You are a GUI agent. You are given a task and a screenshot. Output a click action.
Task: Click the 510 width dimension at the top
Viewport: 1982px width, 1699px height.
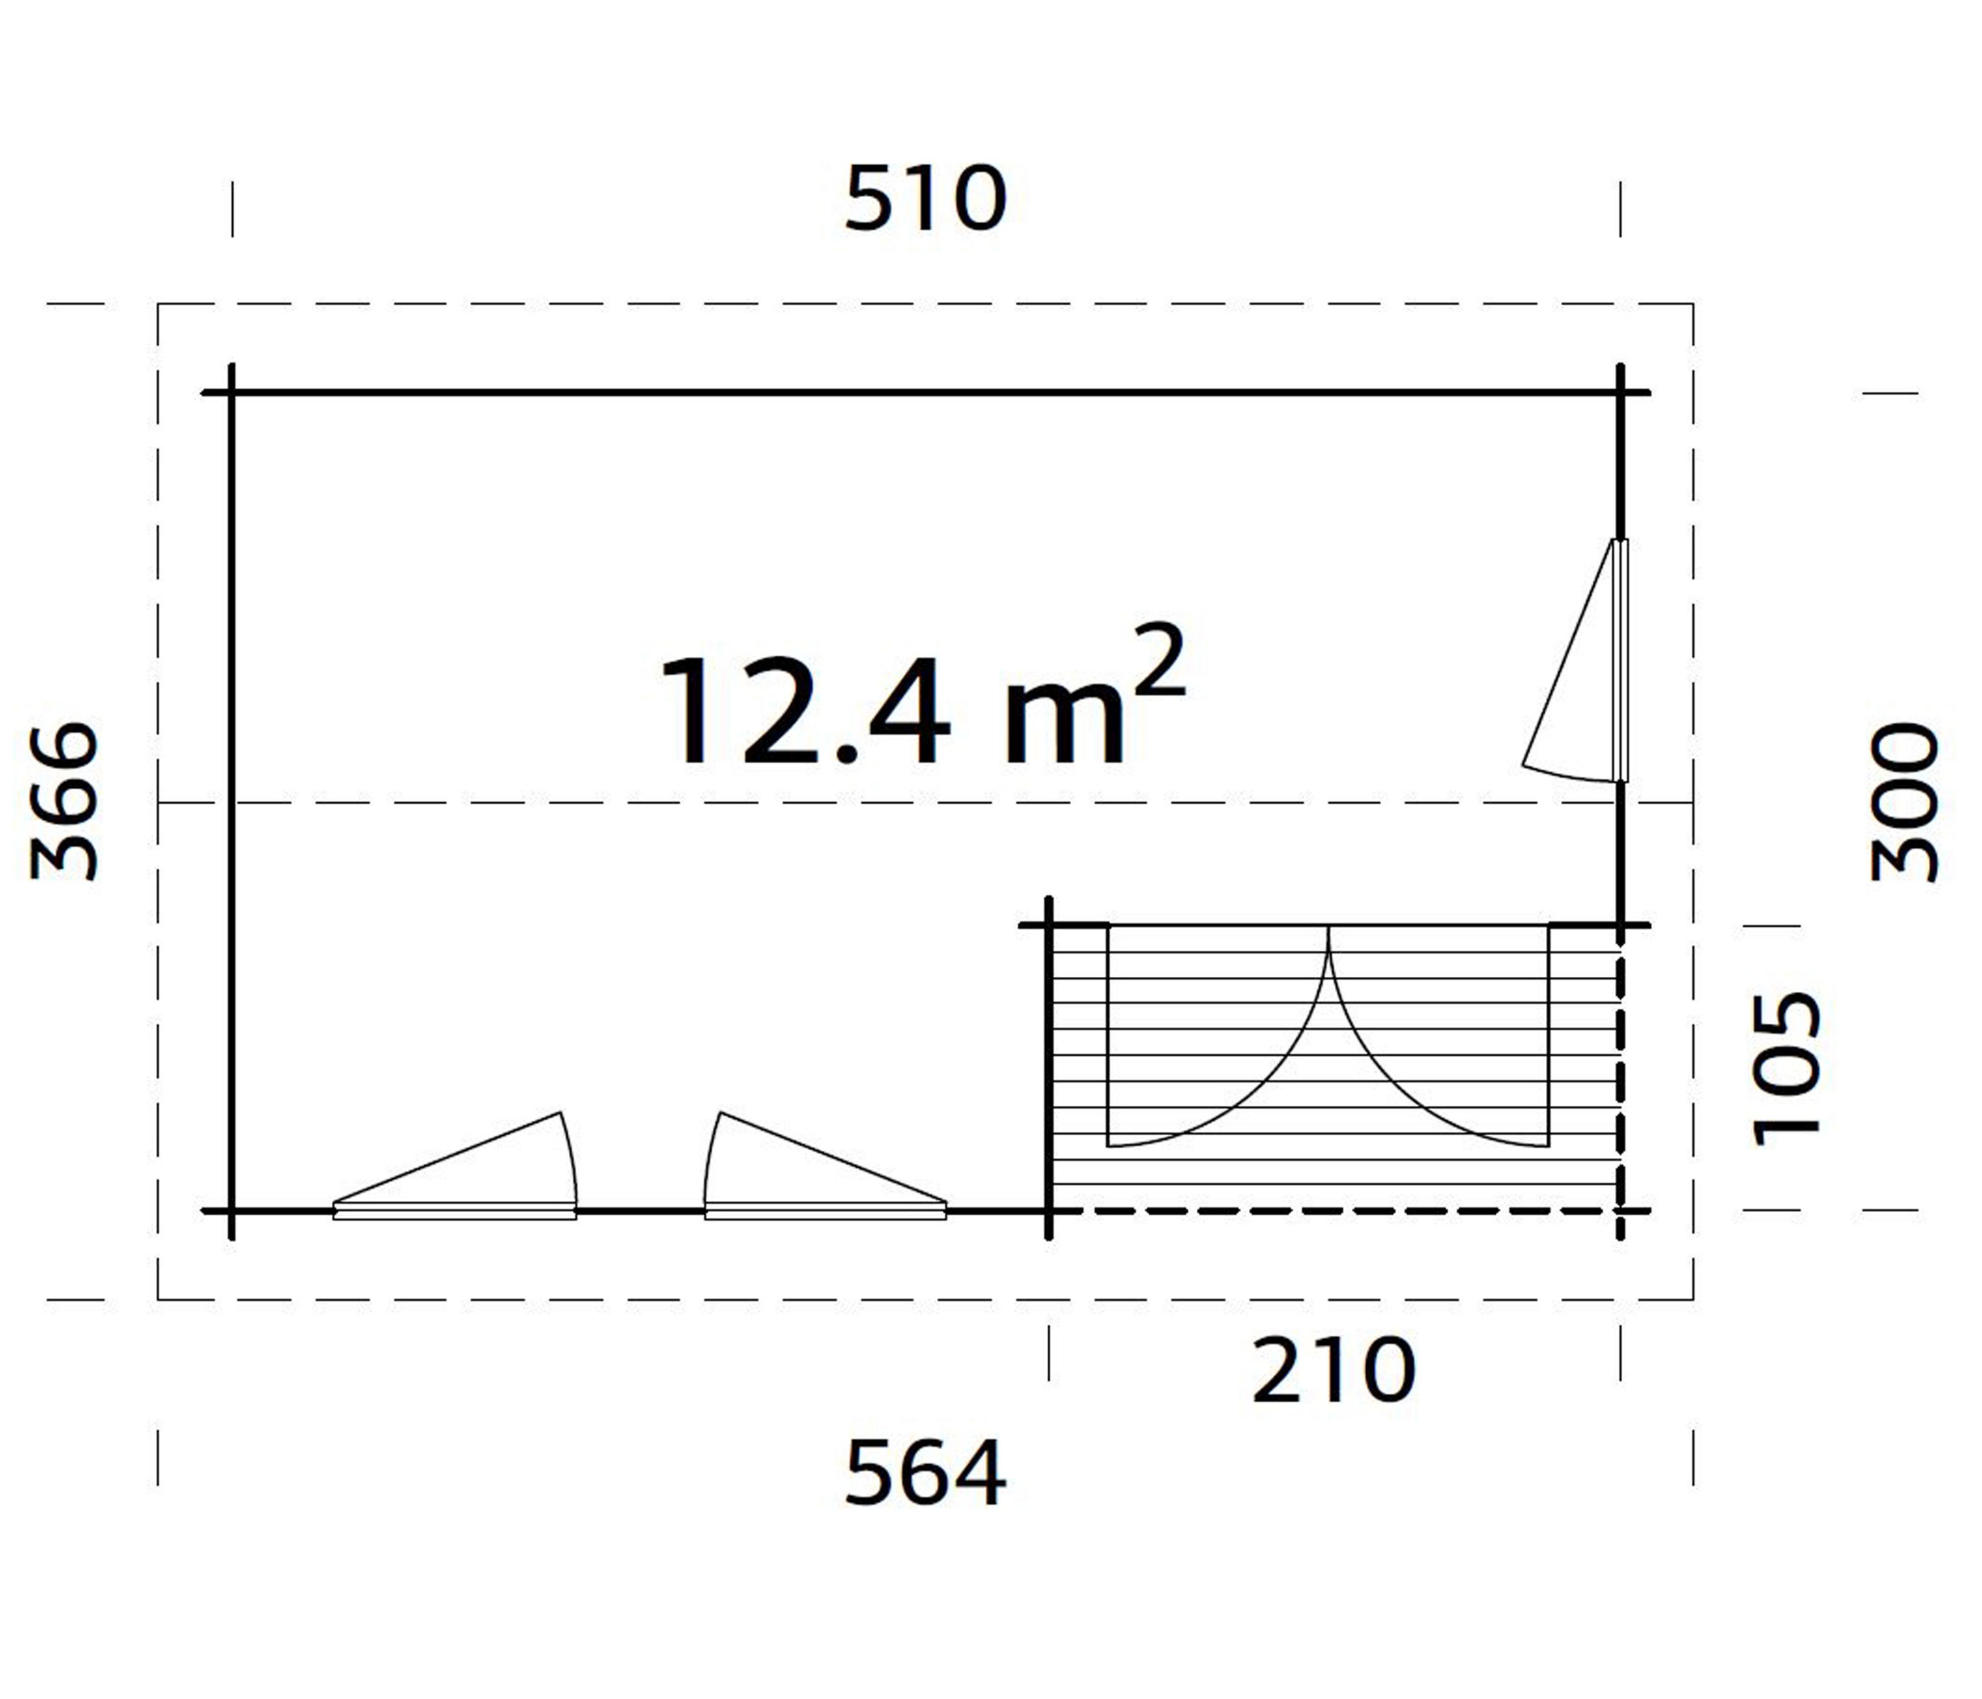925,199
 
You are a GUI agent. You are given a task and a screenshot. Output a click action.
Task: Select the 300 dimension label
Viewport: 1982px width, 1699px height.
1904,802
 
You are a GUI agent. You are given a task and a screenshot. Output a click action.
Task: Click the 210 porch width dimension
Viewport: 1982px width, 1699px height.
1333,1370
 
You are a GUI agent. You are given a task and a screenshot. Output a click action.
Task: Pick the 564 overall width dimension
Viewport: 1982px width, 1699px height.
925,1473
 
